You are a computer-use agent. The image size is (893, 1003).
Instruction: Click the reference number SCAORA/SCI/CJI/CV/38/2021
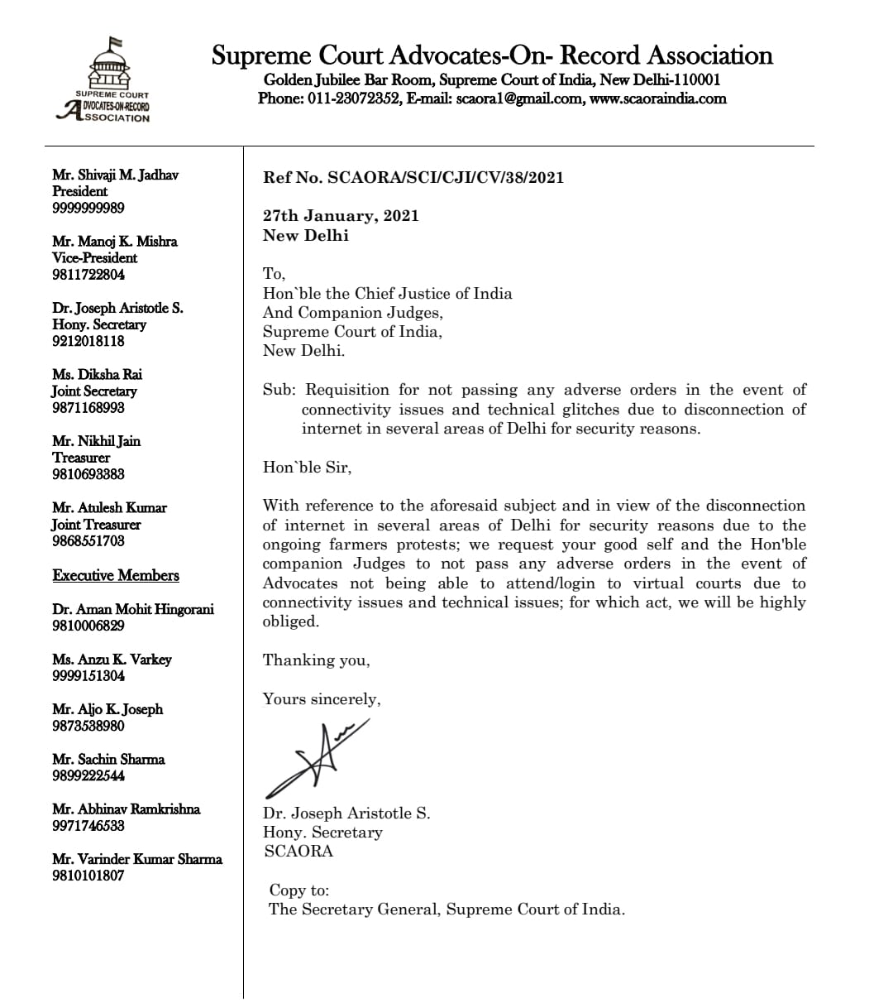coord(446,177)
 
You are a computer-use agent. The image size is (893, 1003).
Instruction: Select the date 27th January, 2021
coord(341,216)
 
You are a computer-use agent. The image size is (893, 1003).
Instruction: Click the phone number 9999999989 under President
coord(88,208)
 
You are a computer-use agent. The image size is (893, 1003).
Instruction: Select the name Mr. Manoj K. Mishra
coord(115,242)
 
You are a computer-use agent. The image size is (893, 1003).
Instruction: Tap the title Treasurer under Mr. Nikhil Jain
coord(81,458)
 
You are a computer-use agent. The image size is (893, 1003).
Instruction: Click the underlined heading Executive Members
coord(116,575)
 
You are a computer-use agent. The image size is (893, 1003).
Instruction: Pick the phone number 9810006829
coord(88,626)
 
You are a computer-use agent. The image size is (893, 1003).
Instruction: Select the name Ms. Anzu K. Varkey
coord(112,660)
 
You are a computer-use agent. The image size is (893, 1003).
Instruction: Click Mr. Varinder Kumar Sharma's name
coord(137,859)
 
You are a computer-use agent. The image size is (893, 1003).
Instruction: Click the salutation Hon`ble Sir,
coord(307,468)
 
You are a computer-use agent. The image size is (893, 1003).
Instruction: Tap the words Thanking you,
coord(317,660)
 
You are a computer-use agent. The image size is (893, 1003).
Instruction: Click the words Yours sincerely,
coord(322,699)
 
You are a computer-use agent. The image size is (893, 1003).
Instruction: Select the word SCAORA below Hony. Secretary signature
coord(298,851)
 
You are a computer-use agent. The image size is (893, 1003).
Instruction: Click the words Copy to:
coord(299,890)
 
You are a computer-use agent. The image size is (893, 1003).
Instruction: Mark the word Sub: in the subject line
coord(279,390)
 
